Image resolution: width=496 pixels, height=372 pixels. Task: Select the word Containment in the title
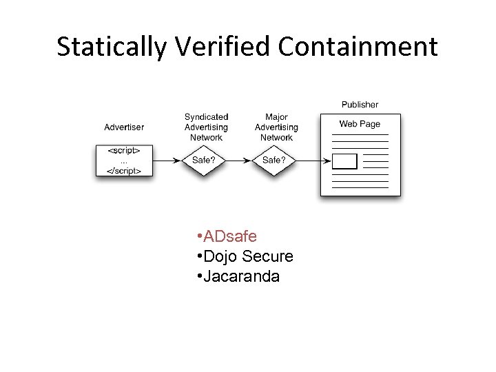tap(358, 47)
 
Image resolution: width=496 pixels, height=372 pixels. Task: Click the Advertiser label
tap(124, 127)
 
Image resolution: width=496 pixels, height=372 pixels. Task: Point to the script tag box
tap(124, 161)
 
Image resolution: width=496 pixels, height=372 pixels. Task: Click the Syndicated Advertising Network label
tap(206, 127)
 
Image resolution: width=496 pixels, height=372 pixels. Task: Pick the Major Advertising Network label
tap(276, 127)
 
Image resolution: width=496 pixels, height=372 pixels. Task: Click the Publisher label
tap(360, 105)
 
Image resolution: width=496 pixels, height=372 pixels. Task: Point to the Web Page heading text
tap(360, 124)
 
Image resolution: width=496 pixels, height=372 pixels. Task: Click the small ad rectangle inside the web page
tap(344, 161)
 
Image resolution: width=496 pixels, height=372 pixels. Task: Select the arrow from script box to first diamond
tap(167, 161)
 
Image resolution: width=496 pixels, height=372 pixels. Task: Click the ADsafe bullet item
tap(230, 237)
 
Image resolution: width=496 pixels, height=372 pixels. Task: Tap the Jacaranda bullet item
tap(241, 277)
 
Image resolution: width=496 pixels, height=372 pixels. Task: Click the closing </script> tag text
tap(124, 171)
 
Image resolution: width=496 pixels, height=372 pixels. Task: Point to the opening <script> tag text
tap(124, 150)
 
